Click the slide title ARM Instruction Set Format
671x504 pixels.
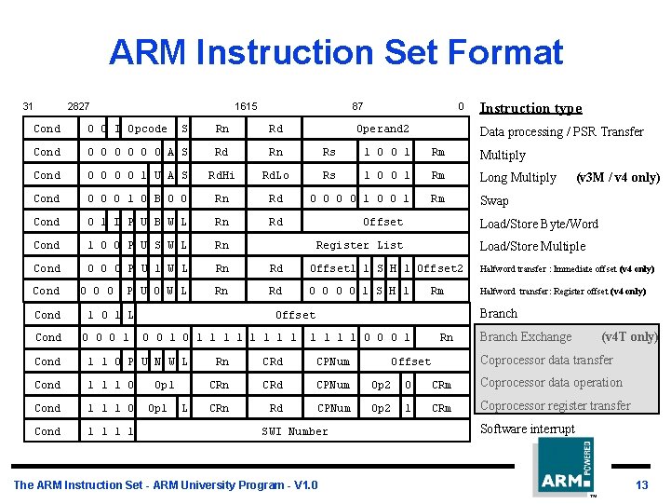pyautogui.click(x=335, y=52)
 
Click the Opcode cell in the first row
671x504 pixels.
pyautogui.click(x=147, y=129)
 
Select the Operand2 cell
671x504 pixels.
pyautogui.click(x=382, y=129)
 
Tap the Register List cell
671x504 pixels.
pyautogui.click(x=359, y=245)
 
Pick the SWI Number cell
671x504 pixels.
pyautogui.click(x=295, y=431)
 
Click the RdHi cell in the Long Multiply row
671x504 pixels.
pyautogui.click(x=221, y=175)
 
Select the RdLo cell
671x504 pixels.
pyautogui.click(x=275, y=175)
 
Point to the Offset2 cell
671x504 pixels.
pyautogui.click(x=440, y=268)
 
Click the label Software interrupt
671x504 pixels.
pyautogui.click(x=527, y=429)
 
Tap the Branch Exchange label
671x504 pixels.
pyautogui.click(x=525, y=336)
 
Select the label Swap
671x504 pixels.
pyautogui.click(x=493, y=200)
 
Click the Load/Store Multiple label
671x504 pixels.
pyautogui.click(x=532, y=246)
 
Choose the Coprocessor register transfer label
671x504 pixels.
pyautogui.click(x=555, y=405)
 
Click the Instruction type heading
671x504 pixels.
pyautogui.click(x=530, y=108)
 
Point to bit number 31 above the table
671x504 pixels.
pyautogui.click(x=28, y=106)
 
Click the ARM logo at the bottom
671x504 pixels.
pyautogui.click(x=562, y=468)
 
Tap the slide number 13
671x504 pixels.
pyautogui.click(x=641, y=485)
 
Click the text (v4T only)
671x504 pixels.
pyautogui.click(x=629, y=336)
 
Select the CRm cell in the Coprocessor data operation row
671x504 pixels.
pyautogui.click(x=441, y=385)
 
